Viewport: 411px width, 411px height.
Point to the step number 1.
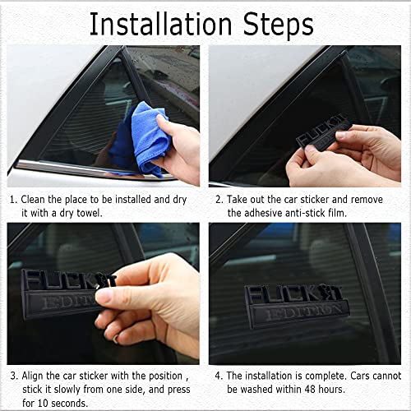pos(12,200)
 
